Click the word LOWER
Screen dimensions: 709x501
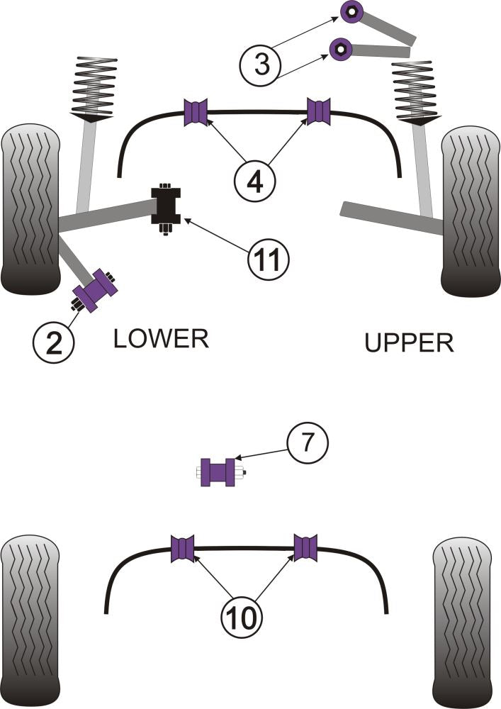click(x=161, y=339)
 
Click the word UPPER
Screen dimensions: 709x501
click(x=409, y=343)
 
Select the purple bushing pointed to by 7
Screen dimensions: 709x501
click(x=218, y=472)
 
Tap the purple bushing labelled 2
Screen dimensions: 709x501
click(x=96, y=289)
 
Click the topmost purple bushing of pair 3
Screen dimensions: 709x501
click(x=351, y=12)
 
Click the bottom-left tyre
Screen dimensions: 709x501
click(x=28, y=620)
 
